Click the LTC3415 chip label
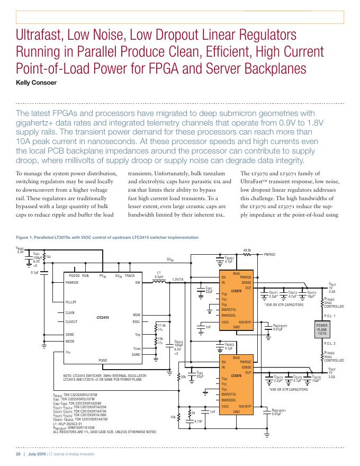coord(102,317)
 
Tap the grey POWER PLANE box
coord(322,329)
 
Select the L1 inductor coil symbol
coord(158,283)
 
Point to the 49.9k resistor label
coord(247,250)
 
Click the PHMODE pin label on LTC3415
coord(72,283)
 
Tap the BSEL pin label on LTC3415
coord(136,321)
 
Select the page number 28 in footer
coord(17,455)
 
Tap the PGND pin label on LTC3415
coord(103,360)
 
